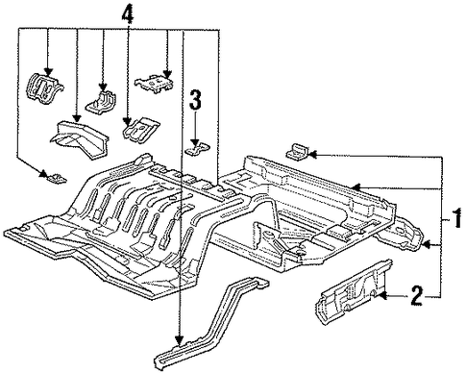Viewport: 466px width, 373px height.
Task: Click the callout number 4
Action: tap(127, 13)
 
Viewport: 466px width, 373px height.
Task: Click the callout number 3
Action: tap(195, 99)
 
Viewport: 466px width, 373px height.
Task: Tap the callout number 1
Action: tap(456, 218)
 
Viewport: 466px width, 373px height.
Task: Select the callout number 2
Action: tap(417, 295)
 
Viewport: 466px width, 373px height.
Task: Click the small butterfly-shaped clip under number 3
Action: tap(198, 149)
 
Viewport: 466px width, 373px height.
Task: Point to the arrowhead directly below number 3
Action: tap(195, 142)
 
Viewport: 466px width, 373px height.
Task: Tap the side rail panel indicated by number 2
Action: tap(353, 292)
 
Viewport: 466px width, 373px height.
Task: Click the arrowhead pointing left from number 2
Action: tap(382, 296)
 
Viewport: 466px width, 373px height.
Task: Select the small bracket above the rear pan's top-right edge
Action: tap(297, 152)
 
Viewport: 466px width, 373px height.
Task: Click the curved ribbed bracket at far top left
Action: tap(44, 88)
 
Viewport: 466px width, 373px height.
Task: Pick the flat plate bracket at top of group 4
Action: tap(154, 84)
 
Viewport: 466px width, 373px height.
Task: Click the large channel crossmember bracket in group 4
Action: tap(79, 138)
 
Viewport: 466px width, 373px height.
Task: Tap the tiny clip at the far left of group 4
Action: tap(57, 179)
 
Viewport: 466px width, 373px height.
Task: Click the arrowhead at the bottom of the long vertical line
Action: tap(180, 340)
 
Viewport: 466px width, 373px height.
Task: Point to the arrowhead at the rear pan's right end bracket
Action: tap(427, 245)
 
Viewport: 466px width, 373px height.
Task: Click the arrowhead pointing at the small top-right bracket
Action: tap(312, 155)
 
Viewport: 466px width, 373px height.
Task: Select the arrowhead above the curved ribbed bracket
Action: tap(48, 72)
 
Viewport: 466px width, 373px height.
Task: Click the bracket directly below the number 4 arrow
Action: tap(140, 128)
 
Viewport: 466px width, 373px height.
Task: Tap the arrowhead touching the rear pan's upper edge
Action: tap(356, 186)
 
